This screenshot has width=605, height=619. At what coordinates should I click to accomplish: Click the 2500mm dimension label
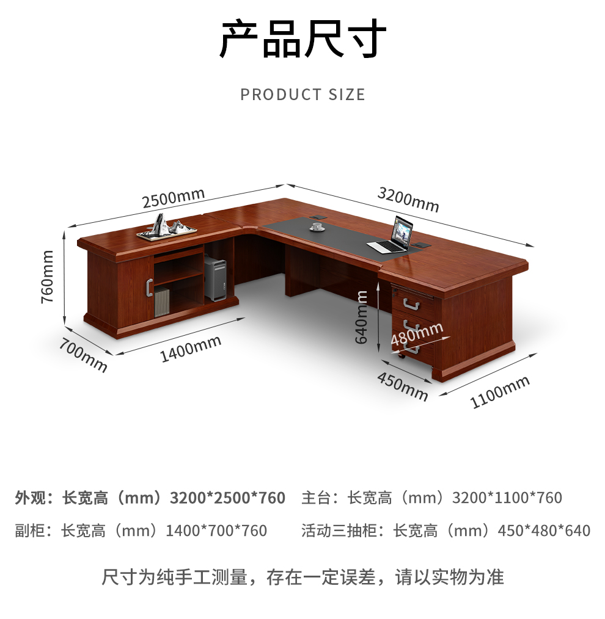point(174,198)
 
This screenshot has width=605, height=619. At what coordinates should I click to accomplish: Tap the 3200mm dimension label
point(408,200)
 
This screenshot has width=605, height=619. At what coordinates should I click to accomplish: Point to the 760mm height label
point(47,277)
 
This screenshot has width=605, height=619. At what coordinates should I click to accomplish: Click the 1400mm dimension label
point(190,349)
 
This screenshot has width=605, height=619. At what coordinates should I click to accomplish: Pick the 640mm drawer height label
point(361,317)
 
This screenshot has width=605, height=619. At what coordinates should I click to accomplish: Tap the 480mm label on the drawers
point(417,334)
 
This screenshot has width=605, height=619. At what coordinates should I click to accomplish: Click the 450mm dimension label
point(403,386)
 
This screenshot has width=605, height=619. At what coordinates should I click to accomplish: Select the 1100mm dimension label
point(500,392)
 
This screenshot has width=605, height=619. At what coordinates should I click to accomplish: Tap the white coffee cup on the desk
point(317,227)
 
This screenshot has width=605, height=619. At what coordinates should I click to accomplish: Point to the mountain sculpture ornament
point(167,228)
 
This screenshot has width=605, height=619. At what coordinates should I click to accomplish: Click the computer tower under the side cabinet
point(215,278)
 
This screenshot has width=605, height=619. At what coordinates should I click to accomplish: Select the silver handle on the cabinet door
point(149,287)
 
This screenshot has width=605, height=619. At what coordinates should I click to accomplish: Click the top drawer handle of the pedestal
point(411,305)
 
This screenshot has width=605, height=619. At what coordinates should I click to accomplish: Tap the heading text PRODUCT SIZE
point(302,95)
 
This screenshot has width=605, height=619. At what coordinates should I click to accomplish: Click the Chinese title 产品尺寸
point(302,38)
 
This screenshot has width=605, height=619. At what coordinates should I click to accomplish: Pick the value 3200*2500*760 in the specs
point(227,498)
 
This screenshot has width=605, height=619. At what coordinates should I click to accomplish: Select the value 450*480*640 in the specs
point(544,530)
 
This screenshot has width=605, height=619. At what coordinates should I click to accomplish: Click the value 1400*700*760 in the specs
point(216,530)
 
